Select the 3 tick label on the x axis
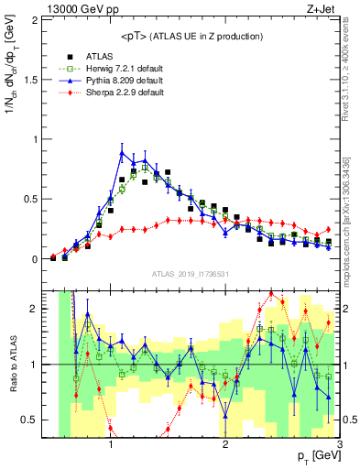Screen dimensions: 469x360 (340, 446)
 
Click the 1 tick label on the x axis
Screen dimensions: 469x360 (111, 446)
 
